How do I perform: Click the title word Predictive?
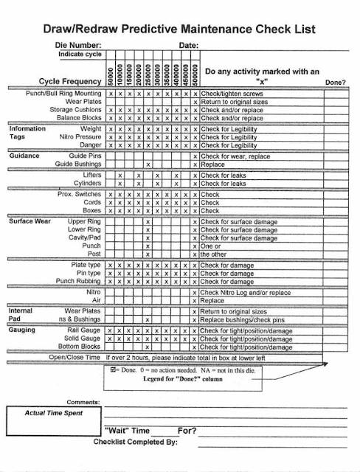pos(152,29)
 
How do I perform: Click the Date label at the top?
pos(188,46)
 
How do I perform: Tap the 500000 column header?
pos(195,72)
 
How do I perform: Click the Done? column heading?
pos(335,81)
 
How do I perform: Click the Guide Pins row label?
pos(85,156)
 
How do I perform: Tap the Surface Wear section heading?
pos(30,221)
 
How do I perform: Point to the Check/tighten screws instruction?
pos(233,94)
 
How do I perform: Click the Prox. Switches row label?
pos(79,194)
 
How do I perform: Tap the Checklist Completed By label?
pos(136,442)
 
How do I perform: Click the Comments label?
pos(82,401)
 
